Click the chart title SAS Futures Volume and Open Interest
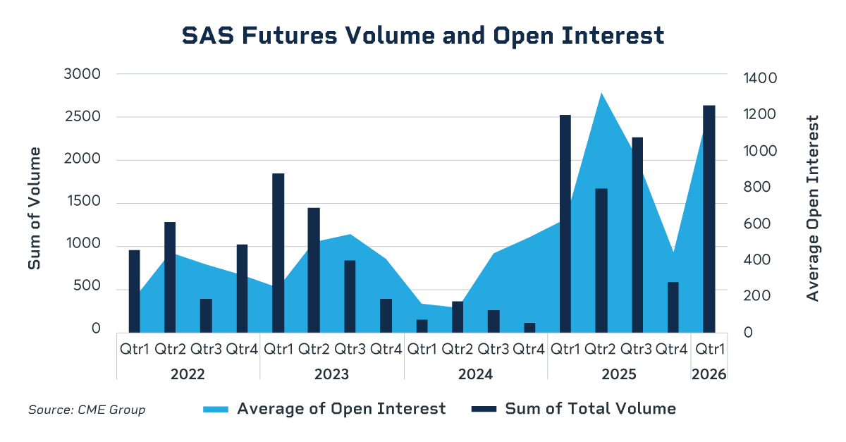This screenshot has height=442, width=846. (x=423, y=35)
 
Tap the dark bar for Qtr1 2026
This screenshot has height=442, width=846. (x=709, y=219)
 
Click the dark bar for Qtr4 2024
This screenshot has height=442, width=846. (x=529, y=327)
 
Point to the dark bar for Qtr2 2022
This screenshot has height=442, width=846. (x=170, y=276)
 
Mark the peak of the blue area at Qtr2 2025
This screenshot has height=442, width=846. (x=601, y=94)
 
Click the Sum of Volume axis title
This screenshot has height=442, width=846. (x=35, y=208)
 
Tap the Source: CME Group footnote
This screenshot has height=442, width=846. (x=87, y=410)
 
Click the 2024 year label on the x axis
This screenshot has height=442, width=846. (x=475, y=374)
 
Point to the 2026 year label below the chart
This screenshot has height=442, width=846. (x=709, y=374)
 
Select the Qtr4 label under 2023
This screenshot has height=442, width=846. (x=386, y=349)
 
